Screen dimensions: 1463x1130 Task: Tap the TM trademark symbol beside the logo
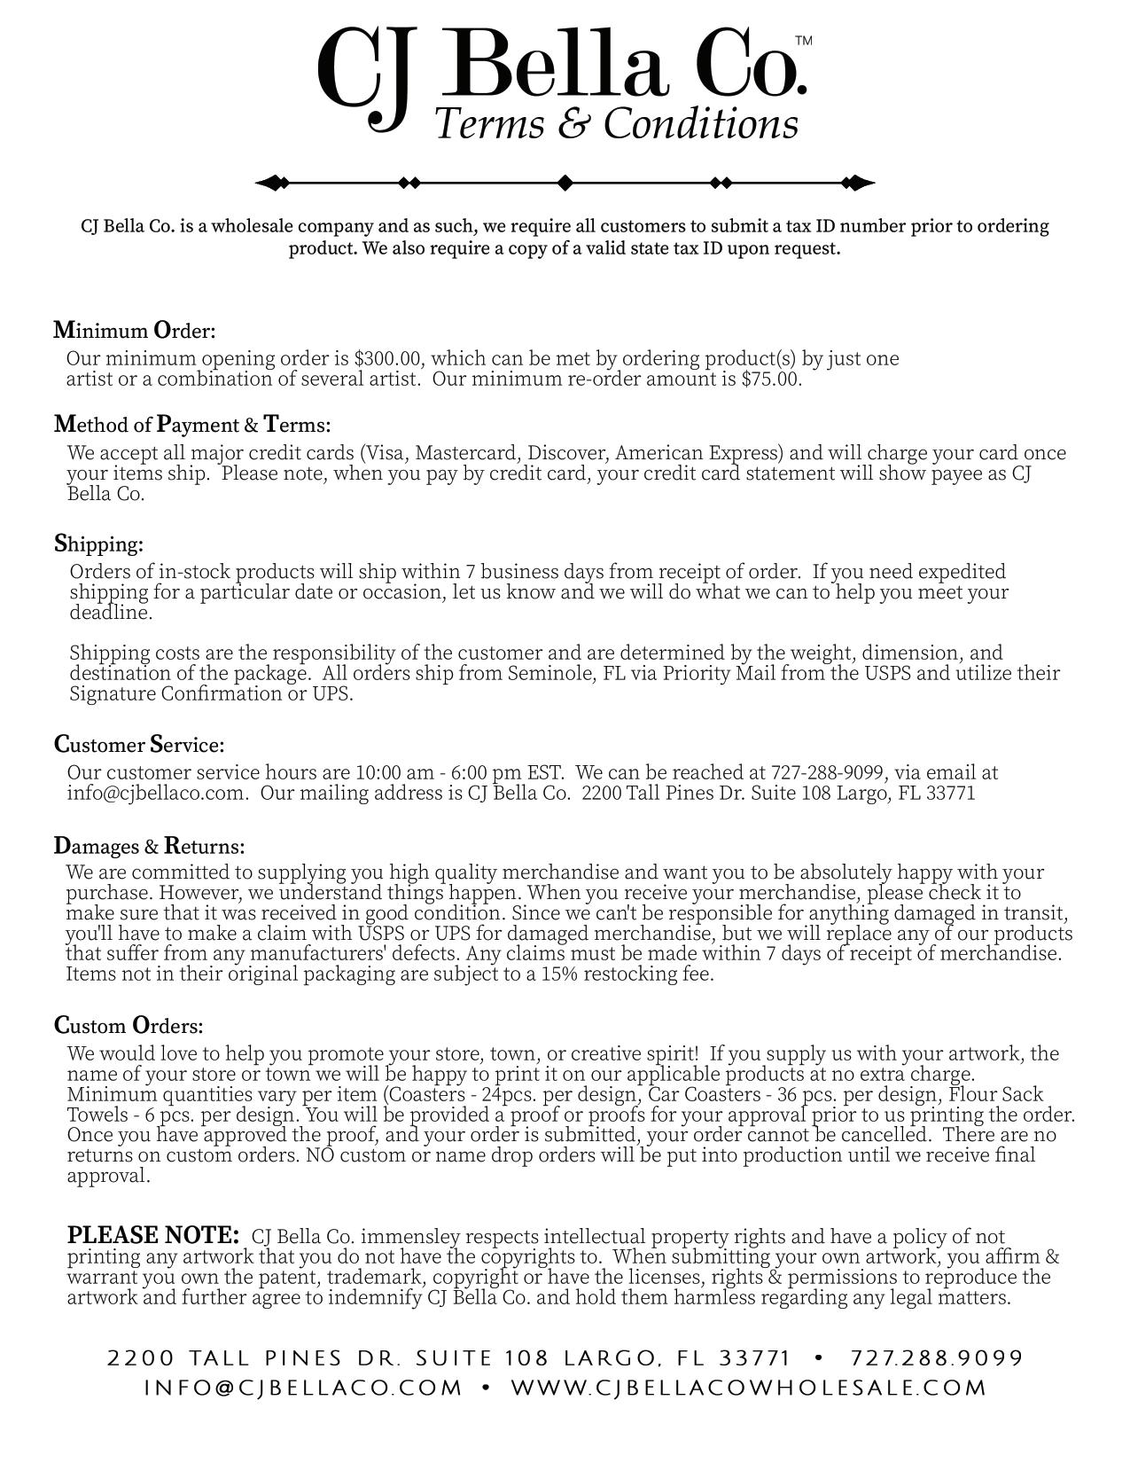click(x=803, y=41)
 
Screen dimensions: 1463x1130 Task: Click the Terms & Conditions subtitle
click(x=617, y=124)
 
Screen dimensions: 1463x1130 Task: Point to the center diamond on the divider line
click(x=565, y=184)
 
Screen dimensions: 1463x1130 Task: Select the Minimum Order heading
click(x=135, y=331)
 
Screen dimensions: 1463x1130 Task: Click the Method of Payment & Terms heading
click(x=192, y=425)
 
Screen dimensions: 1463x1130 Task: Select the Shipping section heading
click(x=98, y=544)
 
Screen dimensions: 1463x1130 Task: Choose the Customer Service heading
click(x=139, y=744)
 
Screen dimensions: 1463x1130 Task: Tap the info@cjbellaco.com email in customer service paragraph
click(x=156, y=793)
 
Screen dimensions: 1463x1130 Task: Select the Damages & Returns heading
click(x=149, y=846)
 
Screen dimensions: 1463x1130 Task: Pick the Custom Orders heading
click(x=129, y=1026)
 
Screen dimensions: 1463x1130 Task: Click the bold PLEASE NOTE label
click(x=153, y=1235)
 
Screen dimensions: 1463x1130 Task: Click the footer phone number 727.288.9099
click(x=937, y=1358)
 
